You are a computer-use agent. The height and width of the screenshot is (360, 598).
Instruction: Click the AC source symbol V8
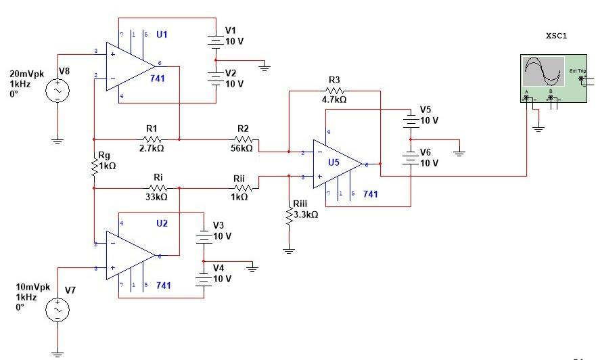coord(57,90)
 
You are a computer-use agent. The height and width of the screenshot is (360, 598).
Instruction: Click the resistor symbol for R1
coord(152,138)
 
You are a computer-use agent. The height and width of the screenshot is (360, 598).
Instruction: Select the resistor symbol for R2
coord(243,138)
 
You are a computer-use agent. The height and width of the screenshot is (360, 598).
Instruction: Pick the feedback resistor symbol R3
coord(334,90)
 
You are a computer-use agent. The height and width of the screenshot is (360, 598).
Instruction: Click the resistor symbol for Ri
coord(158,187)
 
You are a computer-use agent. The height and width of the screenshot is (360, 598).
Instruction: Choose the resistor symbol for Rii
coord(239,187)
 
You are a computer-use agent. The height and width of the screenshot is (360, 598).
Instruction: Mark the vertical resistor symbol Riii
coord(289,214)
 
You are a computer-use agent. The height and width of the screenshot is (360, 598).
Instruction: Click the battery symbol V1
coord(216,40)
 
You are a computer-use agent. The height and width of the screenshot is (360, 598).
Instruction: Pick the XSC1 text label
coord(557,35)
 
